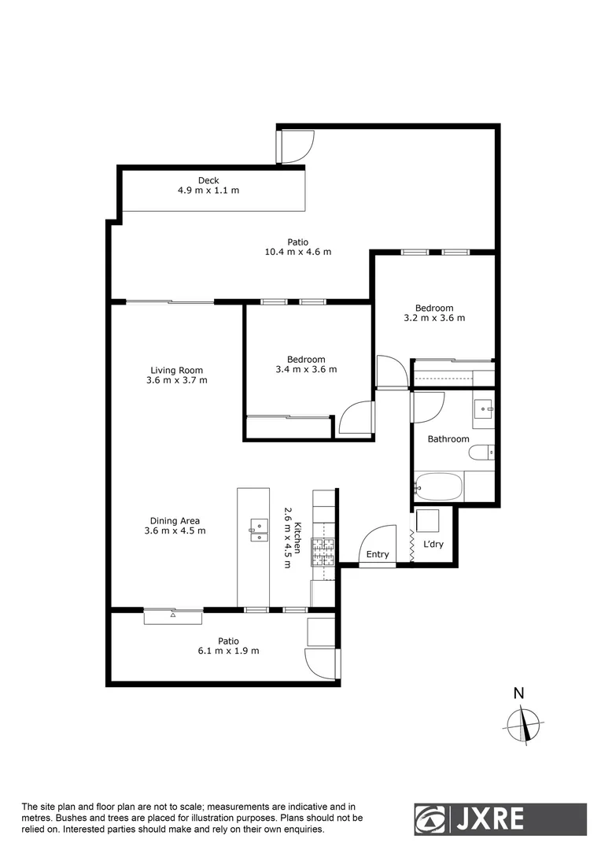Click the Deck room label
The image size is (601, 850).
point(208,180)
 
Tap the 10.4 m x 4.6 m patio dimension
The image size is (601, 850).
point(297,252)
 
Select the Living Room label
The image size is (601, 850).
point(177,370)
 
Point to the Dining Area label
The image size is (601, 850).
point(175,520)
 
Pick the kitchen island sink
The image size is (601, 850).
point(257,530)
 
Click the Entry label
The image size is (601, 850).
point(378,554)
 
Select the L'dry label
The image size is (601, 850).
point(433,544)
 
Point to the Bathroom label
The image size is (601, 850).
point(448,439)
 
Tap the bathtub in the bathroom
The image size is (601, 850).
point(439,487)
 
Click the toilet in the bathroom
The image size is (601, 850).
point(481,453)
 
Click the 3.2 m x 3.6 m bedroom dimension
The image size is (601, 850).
point(434,318)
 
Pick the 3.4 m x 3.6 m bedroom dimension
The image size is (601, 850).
point(306,369)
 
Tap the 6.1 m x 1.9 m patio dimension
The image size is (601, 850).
point(228,651)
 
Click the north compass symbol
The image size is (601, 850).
point(525,723)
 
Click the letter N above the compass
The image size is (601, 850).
point(518,693)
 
